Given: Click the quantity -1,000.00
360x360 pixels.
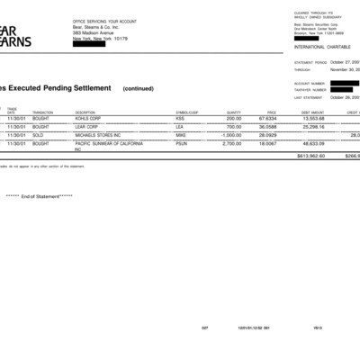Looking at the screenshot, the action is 232,135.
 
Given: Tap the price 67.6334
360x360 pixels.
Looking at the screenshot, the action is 267,119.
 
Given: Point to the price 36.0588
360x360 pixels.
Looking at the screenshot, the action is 267,127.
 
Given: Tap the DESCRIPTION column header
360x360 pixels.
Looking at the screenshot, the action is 86,112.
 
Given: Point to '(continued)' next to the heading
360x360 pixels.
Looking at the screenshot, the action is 139,89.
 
